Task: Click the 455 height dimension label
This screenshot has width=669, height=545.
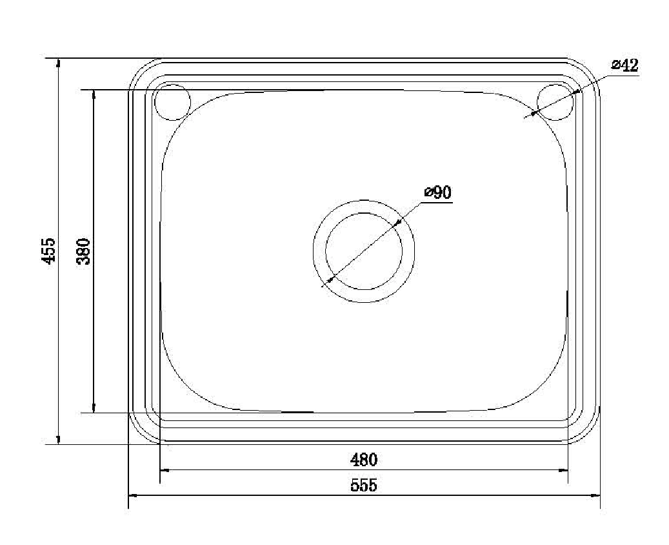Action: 50,251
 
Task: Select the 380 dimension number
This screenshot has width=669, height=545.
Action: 84,252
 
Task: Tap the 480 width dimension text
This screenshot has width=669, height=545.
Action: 364,460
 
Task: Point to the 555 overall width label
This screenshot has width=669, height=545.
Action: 364,485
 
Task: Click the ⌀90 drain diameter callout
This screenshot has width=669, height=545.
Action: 438,192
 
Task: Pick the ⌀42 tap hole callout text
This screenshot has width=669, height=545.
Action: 624,65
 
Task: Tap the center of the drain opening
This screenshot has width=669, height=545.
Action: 364,251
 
